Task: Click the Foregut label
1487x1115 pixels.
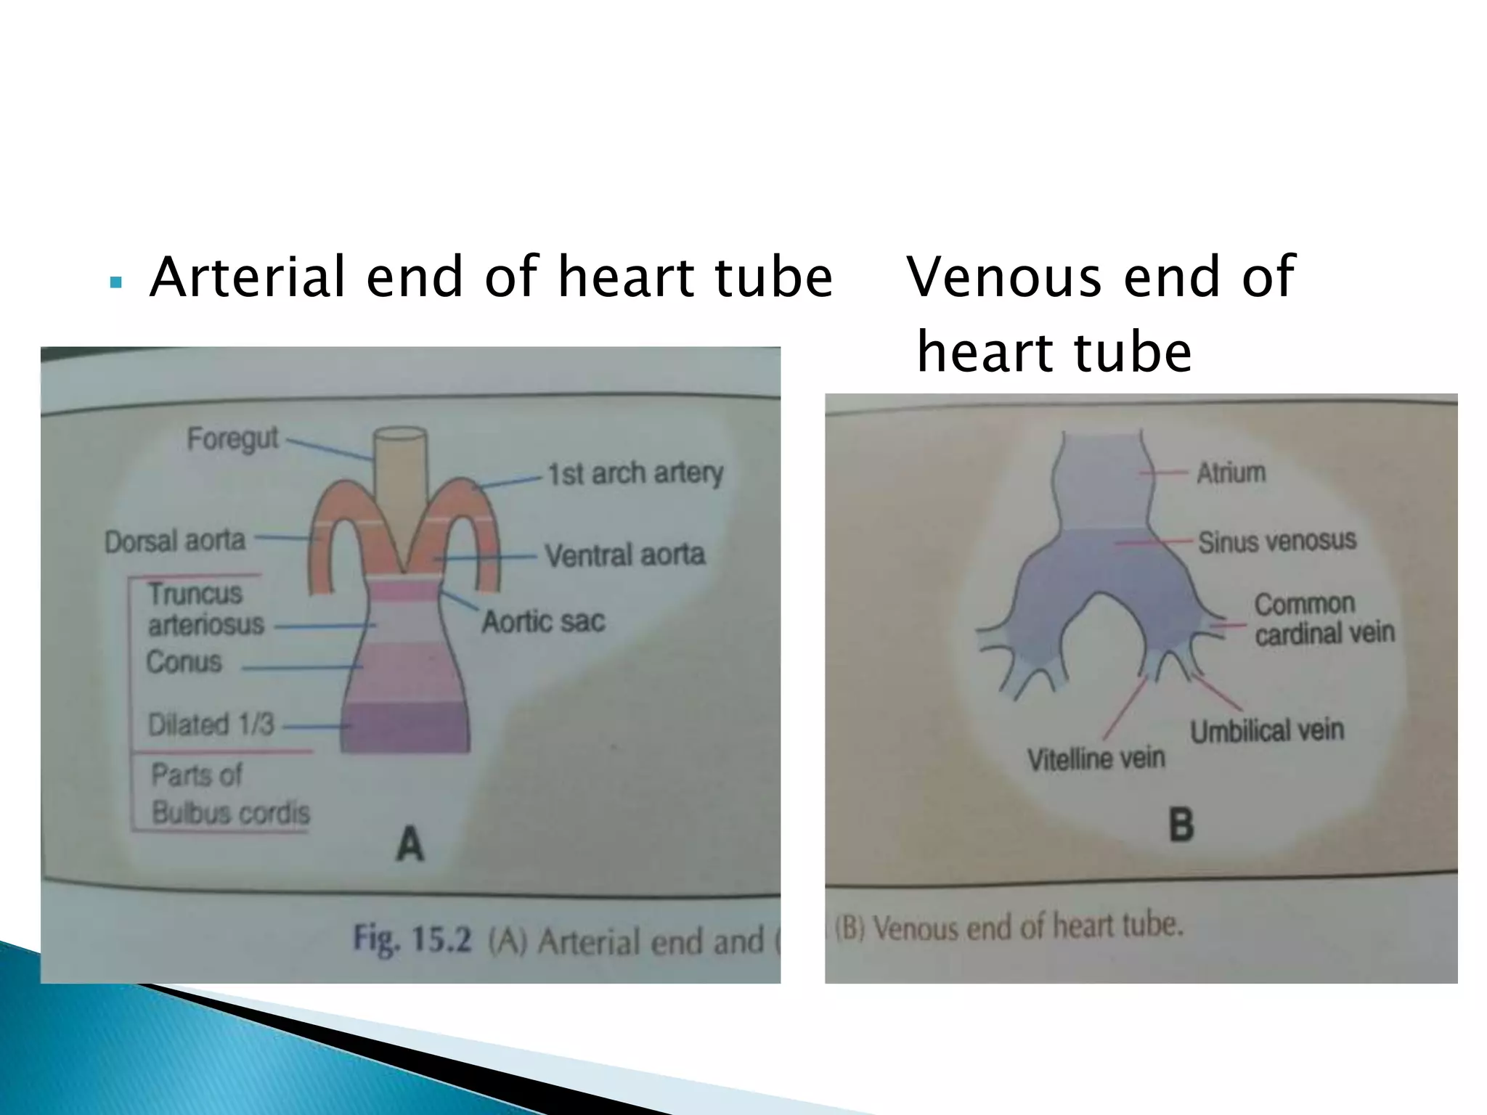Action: coord(232,438)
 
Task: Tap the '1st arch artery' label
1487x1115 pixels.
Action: coord(635,473)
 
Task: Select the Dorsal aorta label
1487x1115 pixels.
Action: coord(175,541)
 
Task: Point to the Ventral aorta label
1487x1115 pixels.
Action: coord(625,555)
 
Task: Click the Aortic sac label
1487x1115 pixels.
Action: coord(543,621)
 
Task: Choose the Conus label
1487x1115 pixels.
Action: coord(184,662)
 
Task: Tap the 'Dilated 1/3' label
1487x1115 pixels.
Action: coord(211,724)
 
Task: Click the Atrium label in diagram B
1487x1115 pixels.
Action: coord(1231,473)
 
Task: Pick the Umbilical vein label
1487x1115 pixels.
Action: coord(1267,730)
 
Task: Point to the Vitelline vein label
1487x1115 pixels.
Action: coord(1096,759)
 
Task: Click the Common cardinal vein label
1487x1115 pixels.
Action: coord(1324,618)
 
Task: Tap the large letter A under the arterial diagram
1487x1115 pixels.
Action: coord(410,844)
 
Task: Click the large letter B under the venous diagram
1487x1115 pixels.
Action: coord(1181,825)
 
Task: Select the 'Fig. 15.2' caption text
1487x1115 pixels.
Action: coord(412,939)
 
